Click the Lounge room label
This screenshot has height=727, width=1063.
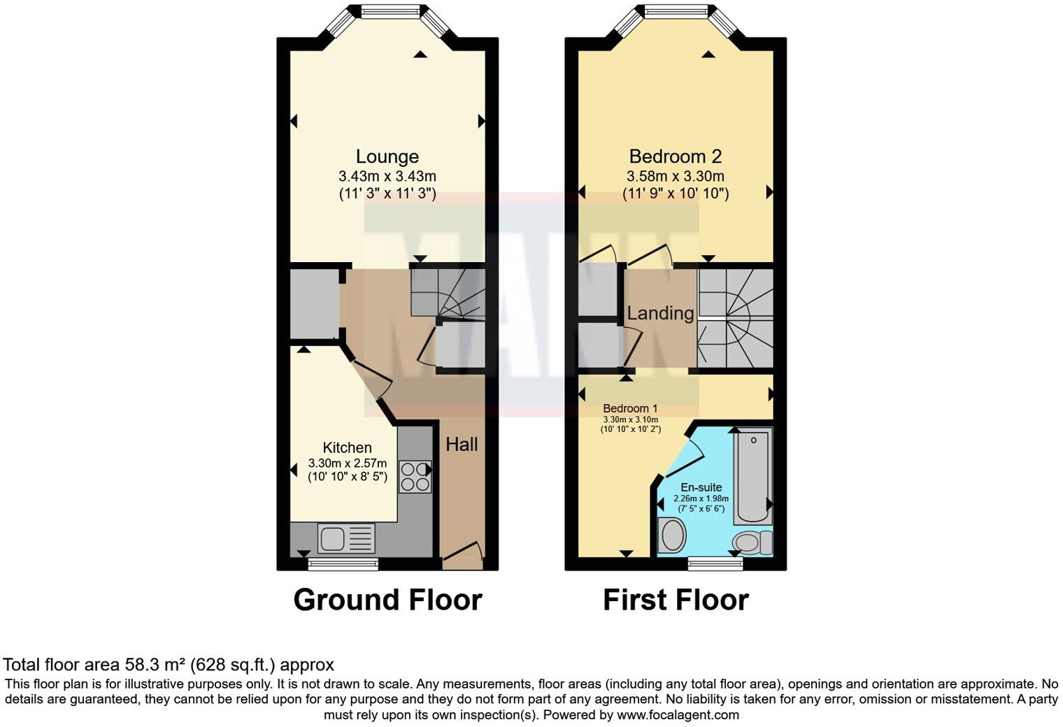coord(387,157)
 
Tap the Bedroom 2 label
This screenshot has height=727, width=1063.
coord(675,157)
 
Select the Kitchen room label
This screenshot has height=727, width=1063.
coord(347,447)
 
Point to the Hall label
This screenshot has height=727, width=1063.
coord(462,445)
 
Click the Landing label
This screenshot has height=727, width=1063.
coord(660,313)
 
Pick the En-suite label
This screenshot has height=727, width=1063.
coord(701,487)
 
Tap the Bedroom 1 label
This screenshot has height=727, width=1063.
coord(630,408)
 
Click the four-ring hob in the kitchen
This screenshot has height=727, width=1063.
coord(415,477)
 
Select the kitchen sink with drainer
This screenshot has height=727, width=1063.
coord(346,539)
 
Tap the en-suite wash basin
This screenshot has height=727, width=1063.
coord(673,535)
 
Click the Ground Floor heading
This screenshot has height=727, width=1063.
coord(387,600)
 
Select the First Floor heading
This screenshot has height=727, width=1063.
coord(676,600)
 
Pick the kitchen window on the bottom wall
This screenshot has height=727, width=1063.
coord(343,563)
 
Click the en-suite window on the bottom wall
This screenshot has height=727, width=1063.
coord(715,563)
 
